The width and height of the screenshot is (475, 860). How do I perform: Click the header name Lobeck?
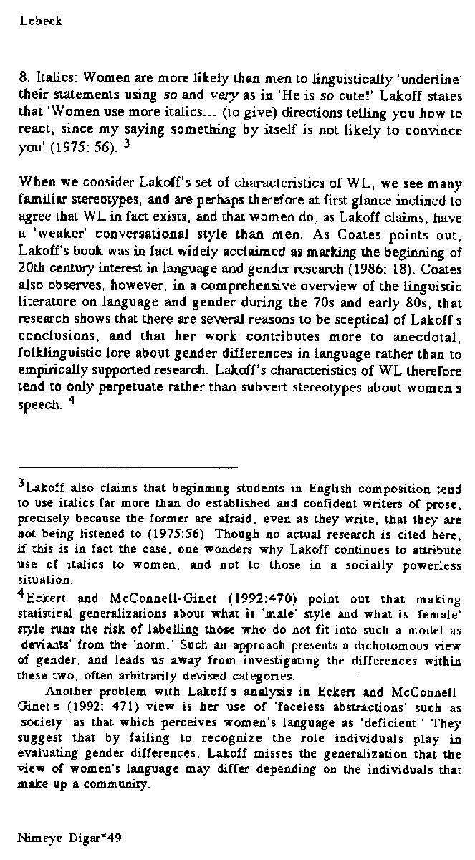[42, 21]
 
